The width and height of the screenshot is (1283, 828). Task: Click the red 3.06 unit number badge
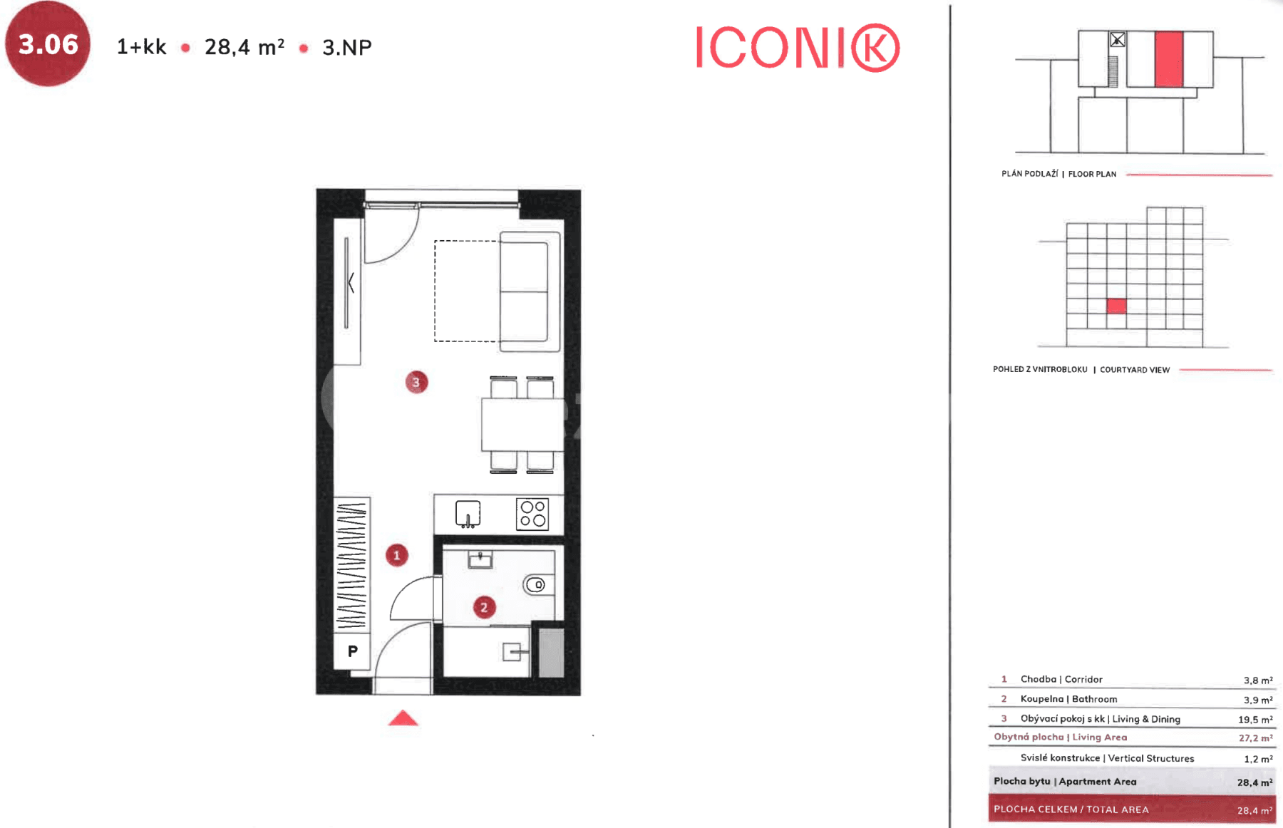coord(48,44)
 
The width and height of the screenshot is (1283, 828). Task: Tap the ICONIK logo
coord(797,48)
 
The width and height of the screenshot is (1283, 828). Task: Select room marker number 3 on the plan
coord(416,383)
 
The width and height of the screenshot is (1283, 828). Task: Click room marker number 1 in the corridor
coord(397,555)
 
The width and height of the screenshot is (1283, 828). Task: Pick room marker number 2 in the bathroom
coord(484,607)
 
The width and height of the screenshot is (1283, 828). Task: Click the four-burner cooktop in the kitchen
coord(532,514)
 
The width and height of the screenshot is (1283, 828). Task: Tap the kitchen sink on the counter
coord(468,514)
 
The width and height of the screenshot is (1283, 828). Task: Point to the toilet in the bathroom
coord(536,585)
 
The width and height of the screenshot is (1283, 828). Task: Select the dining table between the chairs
coord(522,425)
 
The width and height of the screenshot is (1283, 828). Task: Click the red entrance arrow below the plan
coord(403,718)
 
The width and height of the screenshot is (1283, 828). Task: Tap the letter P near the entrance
coord(353,651)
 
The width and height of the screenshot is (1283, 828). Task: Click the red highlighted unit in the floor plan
coord(1168,59)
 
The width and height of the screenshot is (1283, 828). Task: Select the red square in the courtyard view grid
coord(1116,306)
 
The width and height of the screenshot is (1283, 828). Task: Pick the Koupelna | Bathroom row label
coord(1068,699)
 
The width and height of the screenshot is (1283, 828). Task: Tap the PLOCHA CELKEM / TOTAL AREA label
coord(1071,809)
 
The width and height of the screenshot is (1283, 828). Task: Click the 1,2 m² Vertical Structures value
coord(1257,759)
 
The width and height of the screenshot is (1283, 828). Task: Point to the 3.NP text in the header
coord(347,48)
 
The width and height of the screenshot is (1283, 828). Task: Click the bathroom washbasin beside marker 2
coord(480,560)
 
